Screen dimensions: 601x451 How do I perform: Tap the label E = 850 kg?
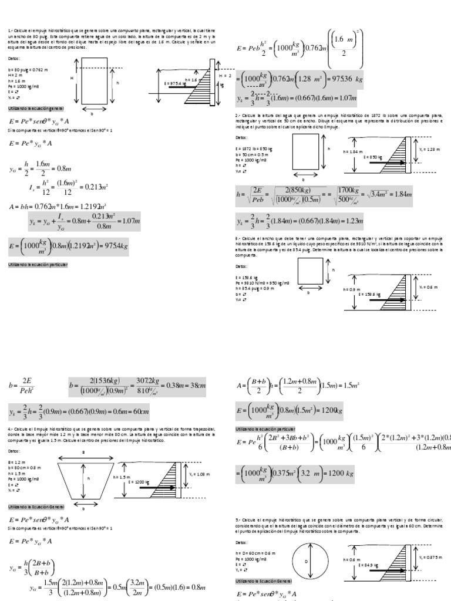click(373, 157)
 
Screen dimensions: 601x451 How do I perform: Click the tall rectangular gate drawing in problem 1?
click(92, 85)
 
